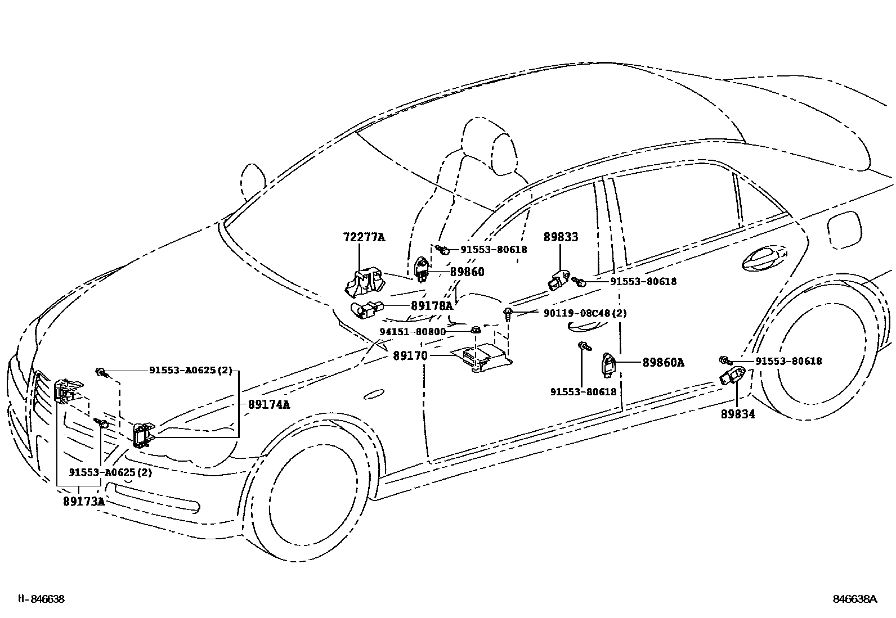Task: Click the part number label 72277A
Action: tap(364, 237)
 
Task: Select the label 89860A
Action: tap(663, 363)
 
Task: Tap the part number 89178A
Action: tap(431, 306)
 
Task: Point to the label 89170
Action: tap(410, 356)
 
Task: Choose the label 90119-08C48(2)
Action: tap(585, 313)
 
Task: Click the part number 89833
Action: tap(561, 237)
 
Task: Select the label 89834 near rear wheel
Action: tap(737, 414)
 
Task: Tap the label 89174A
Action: tap(268, 404)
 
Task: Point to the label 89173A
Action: tap(84, 501)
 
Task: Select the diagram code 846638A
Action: tap(855, 599)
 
